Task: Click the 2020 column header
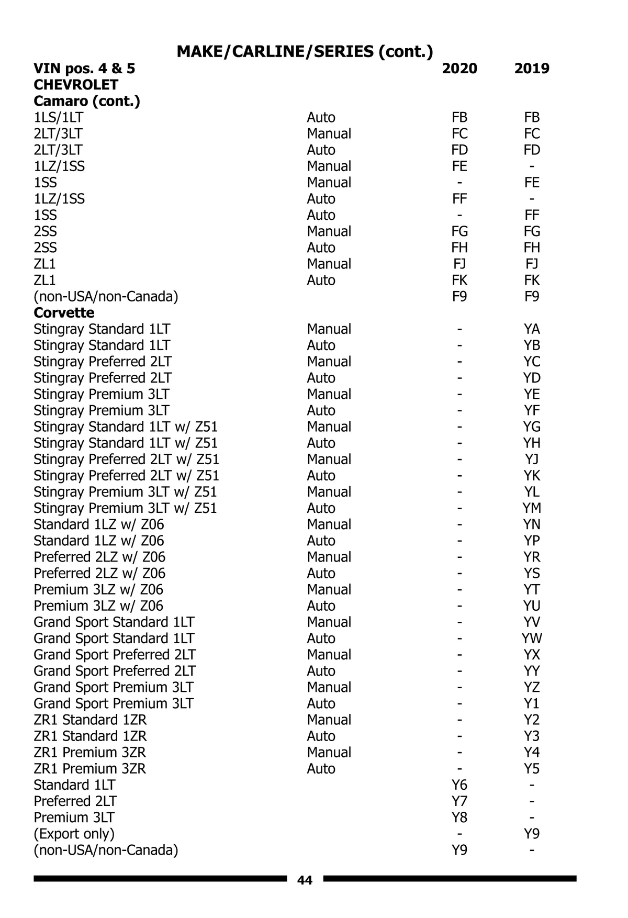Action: point(459,69)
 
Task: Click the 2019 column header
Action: point(532,69)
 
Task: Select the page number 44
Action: point(305,880)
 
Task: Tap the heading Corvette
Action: point(64,313)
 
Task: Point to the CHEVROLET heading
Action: point(76,85)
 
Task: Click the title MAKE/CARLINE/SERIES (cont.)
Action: point(305,51)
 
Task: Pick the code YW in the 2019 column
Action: point(532,639)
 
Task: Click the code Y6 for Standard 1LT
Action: point(459,785)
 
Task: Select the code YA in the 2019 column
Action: point(532,329)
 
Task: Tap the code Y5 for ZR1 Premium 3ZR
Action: point(532,769)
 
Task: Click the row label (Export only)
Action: point(74,834)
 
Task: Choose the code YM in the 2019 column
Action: point(532,508)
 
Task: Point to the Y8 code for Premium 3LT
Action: point(459,818)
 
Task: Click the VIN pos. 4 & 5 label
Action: point(84,69)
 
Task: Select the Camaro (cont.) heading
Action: point(87,101)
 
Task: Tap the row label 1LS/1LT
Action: point(58,117)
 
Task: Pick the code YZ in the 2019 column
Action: point(532,687)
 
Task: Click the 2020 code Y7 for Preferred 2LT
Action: point(459,801)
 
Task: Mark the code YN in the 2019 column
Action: point(532,524)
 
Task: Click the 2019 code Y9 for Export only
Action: point(532,834)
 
